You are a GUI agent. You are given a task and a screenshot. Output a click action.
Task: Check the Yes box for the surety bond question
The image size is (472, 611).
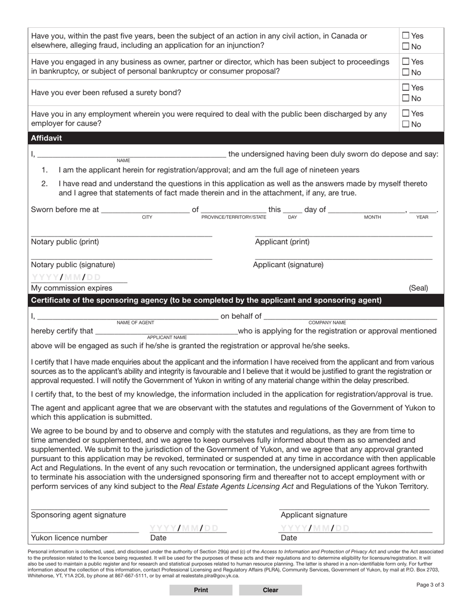pyautogui.click(x=406, y=88)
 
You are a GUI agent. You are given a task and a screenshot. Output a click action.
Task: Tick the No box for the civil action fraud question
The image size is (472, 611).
pyautogui.click(x=406, y=47)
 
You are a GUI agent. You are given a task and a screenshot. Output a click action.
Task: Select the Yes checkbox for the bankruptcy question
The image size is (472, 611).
pyautogui.click(x=406, y=62)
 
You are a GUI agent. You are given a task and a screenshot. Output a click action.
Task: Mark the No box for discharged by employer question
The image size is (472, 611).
pyautogui.click(x=406, y=124)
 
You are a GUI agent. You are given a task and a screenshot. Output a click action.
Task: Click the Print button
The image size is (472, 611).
pyautogui.click(x=201, y=590)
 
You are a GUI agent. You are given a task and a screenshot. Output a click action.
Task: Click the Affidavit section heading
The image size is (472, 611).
pyautogui.click(x=47, y=138)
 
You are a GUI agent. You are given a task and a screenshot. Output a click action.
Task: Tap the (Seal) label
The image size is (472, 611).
pyautogui.click(x=418, y=288)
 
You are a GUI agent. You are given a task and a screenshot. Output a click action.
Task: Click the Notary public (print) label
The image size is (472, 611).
pyautogui.click(x=65, y=242)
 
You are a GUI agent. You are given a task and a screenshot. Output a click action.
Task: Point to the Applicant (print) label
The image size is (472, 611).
pyautogui.click(x=282, y=242)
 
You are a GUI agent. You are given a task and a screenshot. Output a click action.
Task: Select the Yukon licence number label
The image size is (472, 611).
pyautogui.click(x=69, y=537)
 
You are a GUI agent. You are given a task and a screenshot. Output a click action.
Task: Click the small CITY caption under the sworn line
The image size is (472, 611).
pyautogui.click(x=147, y=218)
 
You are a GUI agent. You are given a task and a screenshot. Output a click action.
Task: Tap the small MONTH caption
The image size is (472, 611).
pyautogui.click(x=373, y=218)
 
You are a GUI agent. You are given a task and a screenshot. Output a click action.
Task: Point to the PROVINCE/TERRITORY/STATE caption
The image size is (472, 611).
pyautogui.click(x=234, y=218)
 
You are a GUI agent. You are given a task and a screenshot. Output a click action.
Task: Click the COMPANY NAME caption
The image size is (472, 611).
pyautogui.click(x=327, y=323)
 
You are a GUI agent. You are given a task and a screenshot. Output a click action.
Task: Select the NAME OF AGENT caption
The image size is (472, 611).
pyautogui.click(x=135, y=323)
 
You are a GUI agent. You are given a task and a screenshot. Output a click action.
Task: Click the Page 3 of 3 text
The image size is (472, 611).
pyautogui.click(x=430, y=585)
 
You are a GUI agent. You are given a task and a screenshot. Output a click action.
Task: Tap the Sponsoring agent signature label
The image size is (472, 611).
pyautogui.click(x=79, y=515)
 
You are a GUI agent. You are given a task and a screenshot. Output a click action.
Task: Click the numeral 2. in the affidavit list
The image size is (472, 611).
pyautogui.click(x=45, y=184)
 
